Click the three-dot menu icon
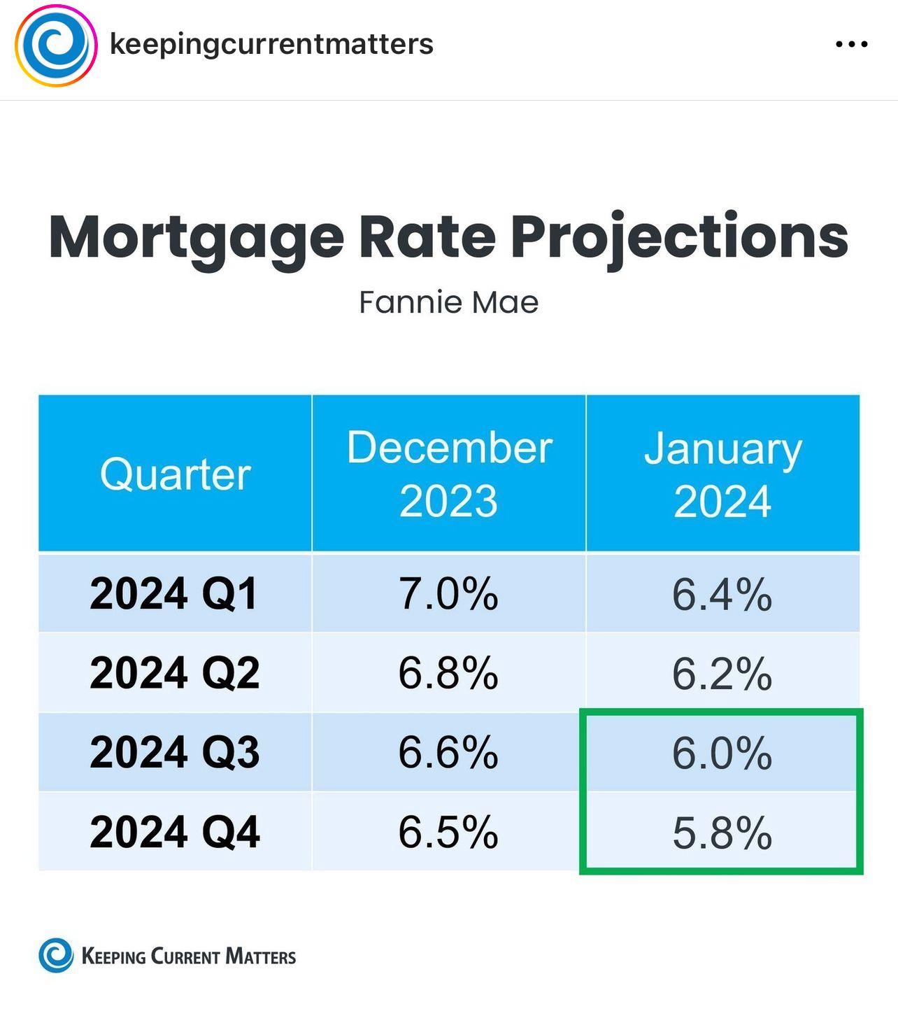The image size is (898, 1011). pos(852,44)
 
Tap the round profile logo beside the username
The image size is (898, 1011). pos(56,45)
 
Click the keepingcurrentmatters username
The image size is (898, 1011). pos(271,44)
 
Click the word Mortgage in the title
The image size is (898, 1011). pos(197,239)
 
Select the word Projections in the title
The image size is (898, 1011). pos(680,239)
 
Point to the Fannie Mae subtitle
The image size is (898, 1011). pos(448,302)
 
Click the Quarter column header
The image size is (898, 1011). pos(175,474)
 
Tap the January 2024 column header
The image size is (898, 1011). pos(722,474)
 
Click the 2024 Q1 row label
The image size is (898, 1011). pos(173,594)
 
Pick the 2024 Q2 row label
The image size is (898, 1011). pos(175,672)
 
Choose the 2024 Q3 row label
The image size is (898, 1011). pos(175,751)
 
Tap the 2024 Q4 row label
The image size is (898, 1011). pos(175,831)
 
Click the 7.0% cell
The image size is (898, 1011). pos(448,594)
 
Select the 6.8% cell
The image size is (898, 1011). pos(448,673)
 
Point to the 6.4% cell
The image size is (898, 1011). pos(722,594)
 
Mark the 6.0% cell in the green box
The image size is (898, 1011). pos(722,753)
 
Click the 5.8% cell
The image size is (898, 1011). pos(722,832)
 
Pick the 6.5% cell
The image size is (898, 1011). pos(448,831)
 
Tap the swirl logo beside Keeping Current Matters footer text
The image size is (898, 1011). pos(56,955)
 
